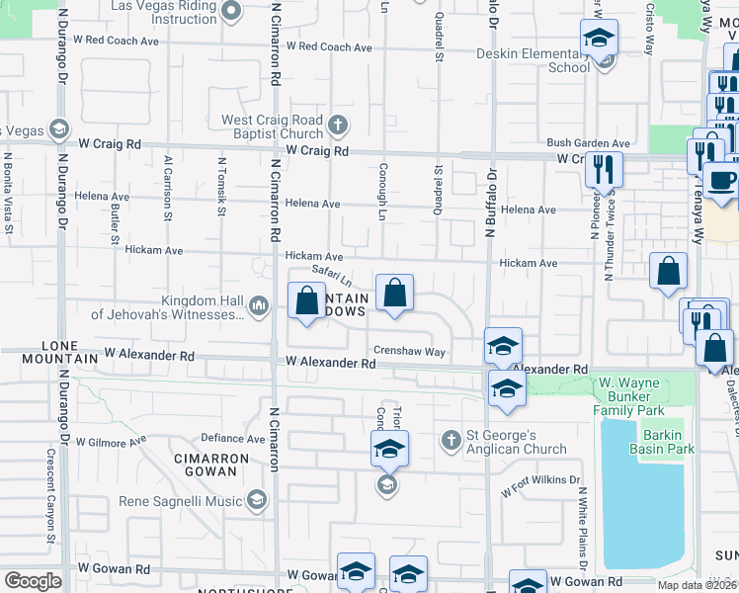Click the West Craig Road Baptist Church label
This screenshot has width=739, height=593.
[x=273, y=127]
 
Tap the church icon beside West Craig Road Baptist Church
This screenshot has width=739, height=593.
[x=338, y=126]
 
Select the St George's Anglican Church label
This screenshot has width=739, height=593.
[x=516, y=442]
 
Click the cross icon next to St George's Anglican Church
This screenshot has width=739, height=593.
[x=451, y=439]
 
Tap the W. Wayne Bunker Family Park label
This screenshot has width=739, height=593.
[x=642, y=395]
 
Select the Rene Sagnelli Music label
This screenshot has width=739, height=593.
[x=181, y=501]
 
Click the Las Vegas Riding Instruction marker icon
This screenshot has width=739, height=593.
[x=231, y=12]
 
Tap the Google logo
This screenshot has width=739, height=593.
[x=33, y=580]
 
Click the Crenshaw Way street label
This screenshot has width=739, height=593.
[x=409, y=352]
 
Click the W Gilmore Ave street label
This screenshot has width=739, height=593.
[x=111, y=441]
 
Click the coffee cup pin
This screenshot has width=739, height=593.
[x=721, y=181]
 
